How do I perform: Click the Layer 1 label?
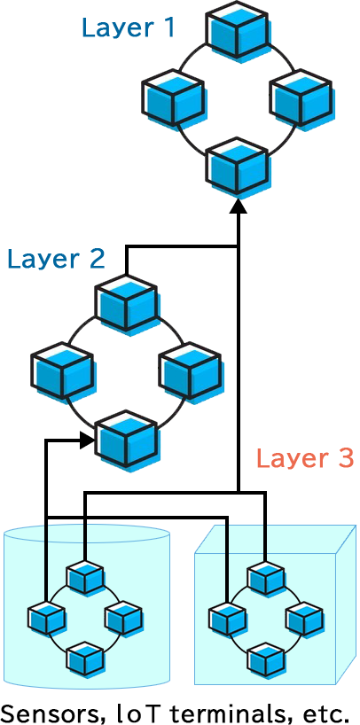click(128, 27)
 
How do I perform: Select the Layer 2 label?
click(56, 259)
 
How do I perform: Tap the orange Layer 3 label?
click(304, 458)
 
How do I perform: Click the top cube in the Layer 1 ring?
click(239, 29)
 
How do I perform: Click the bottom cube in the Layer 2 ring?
click(127, 438)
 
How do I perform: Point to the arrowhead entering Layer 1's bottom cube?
click(239, 207)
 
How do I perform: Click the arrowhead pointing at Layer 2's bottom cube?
click(86, 439)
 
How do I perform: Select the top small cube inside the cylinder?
click(87, 579)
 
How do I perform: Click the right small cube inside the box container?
click(303, 618)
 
